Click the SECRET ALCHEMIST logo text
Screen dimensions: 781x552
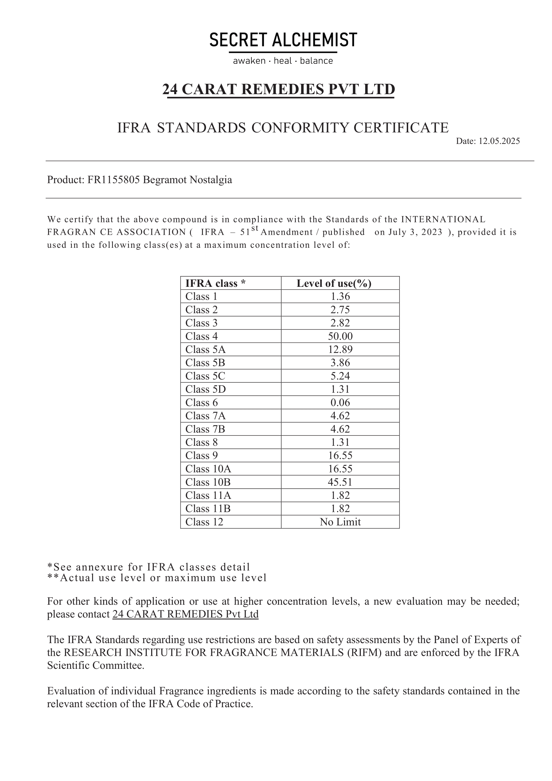[x=283, y=40]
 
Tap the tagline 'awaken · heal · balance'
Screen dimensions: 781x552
[x=283, y=61]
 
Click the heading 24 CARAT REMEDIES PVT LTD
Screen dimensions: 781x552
[x=279, y=89]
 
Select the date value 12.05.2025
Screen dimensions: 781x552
[x=499, y=141]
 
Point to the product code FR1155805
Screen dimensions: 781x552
[x=113, y=180]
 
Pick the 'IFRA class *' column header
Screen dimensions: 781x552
[x=215, y=283]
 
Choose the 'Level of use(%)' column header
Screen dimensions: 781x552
[x=334, y=283]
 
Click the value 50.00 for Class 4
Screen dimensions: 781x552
[x=340, y=337]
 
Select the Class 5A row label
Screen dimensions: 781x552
[x=205, y=350]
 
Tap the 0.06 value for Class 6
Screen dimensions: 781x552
[x=340, y=403]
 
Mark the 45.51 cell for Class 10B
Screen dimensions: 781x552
[x=340, y=482]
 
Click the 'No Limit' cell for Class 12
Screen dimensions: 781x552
[x=340, y=522]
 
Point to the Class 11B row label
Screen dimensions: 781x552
[x=208, y=509]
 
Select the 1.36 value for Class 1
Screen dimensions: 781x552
[x=340, y=297]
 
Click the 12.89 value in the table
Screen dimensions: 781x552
[x=340, y=350]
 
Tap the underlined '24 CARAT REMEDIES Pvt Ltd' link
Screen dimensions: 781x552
[x=185, y=614]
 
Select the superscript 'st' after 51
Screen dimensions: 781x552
[x=255, y=229]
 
